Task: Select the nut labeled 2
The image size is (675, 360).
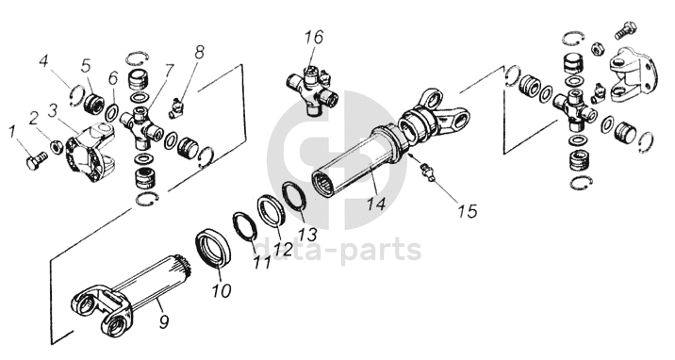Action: point(56,147)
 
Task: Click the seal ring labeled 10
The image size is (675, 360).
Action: point(215,250)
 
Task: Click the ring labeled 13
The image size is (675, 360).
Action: point(294,197)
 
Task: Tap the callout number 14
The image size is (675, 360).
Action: point(376,203)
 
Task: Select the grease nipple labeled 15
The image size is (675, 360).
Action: point(428,171)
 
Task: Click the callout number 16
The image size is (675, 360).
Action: point(314,37)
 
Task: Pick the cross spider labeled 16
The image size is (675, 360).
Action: point(312,91)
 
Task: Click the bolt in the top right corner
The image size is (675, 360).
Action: point(625,29)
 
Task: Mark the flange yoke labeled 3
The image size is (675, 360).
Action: point(90,151)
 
